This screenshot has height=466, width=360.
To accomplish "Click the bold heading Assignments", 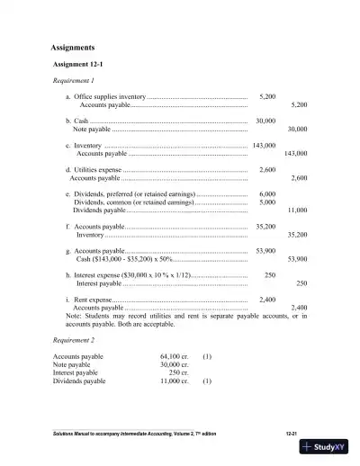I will click(x=73, y=47).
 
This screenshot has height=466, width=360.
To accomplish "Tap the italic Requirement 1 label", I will click(x=76, y=80).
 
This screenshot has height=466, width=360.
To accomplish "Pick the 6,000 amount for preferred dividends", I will click(x=266, y=194).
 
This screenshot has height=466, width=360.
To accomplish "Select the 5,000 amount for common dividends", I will click(x=266, y=202).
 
